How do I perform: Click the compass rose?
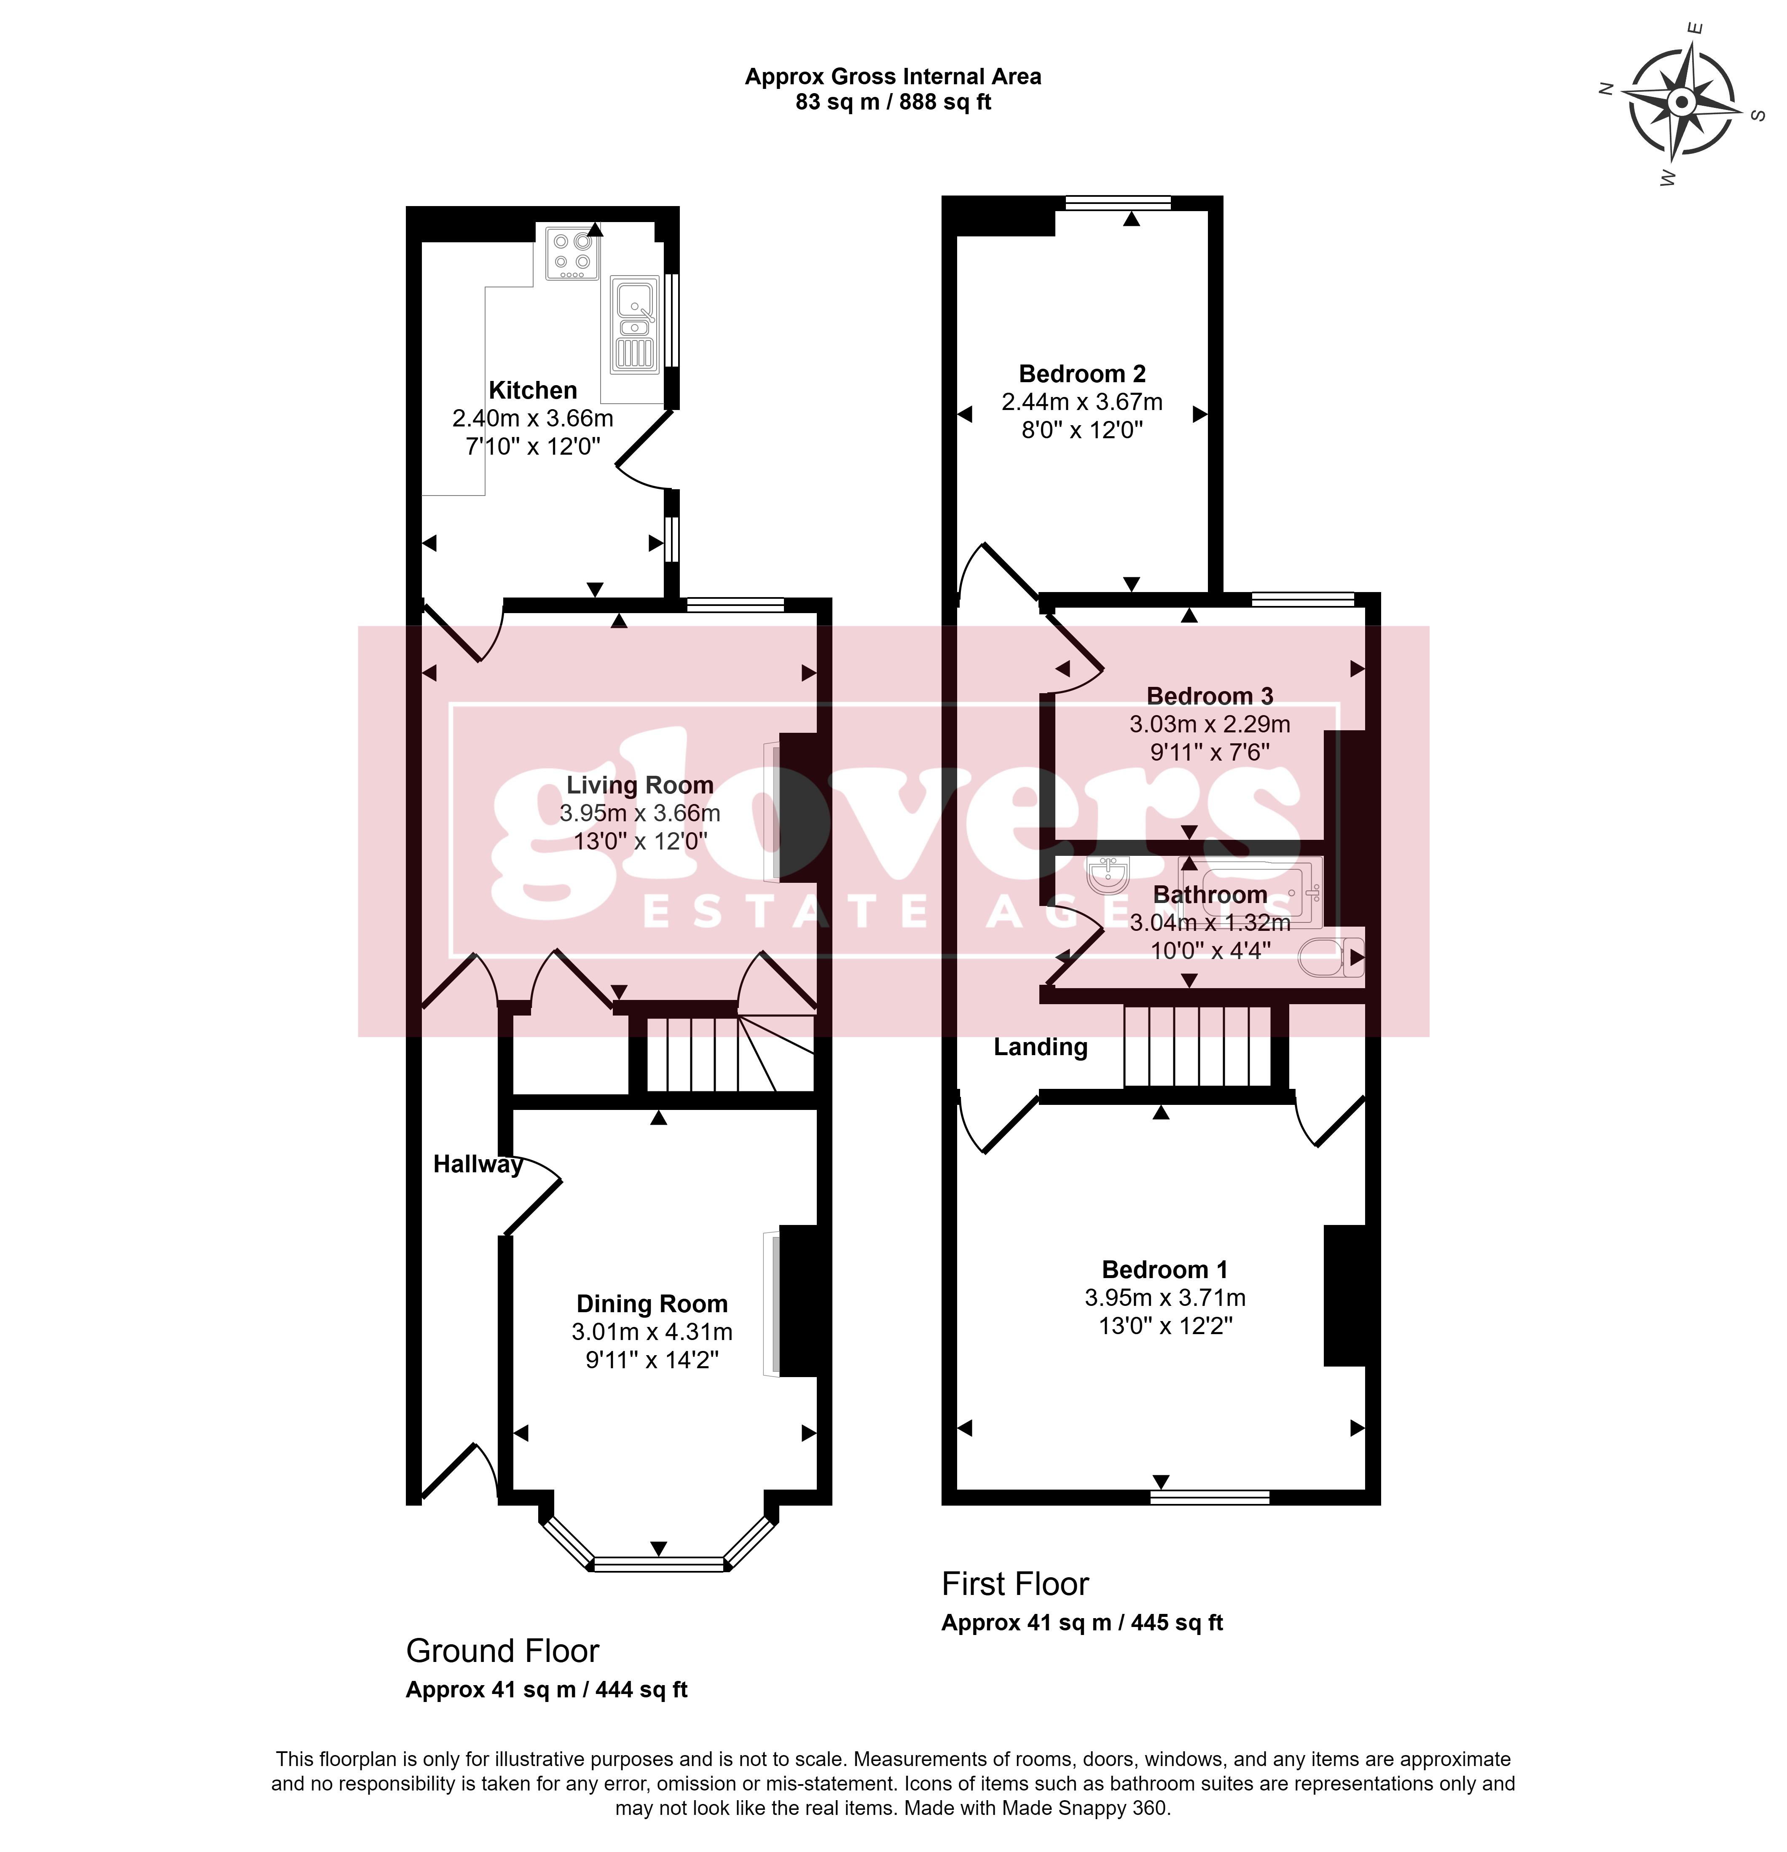pyautogui.click(x=1681, y=102)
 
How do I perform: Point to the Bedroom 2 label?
pyautogui.click(x=1082, y=374)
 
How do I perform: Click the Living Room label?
pyautogui.click(x=640, y=785)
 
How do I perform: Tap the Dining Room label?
pyautogui.click(x=652, y=1304)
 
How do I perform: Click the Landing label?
pyautogui.click(x=1041, y=1047)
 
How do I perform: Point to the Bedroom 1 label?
pyautogui.click(x=1164, y=1270)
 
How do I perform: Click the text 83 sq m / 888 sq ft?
pyautogui.click(x=893, y=102)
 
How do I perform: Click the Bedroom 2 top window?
pyautogui.click(x=1118, y=202)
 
